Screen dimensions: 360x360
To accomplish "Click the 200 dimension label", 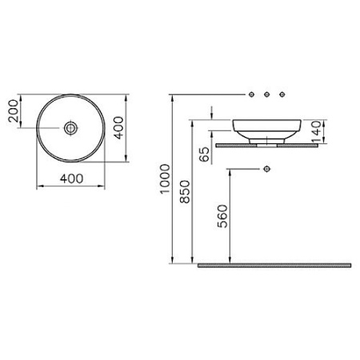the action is [x=13, y=111].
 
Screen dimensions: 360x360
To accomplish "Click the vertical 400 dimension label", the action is [x=118, y=128].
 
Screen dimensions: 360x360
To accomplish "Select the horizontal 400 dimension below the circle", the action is [x=71, y=178].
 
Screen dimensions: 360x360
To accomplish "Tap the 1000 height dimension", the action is [x=165, y=179].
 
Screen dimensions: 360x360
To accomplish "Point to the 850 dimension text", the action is [x=185, y=192].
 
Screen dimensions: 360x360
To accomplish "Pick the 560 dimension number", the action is [x=222, y=216].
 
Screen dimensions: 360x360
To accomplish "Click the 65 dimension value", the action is [x=205, y=154].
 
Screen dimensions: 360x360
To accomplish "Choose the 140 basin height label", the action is [x=316, y=131].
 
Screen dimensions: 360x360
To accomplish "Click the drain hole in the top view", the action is [x=70, y=128].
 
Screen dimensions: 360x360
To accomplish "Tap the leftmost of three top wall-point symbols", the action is [x=251, y=94].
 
